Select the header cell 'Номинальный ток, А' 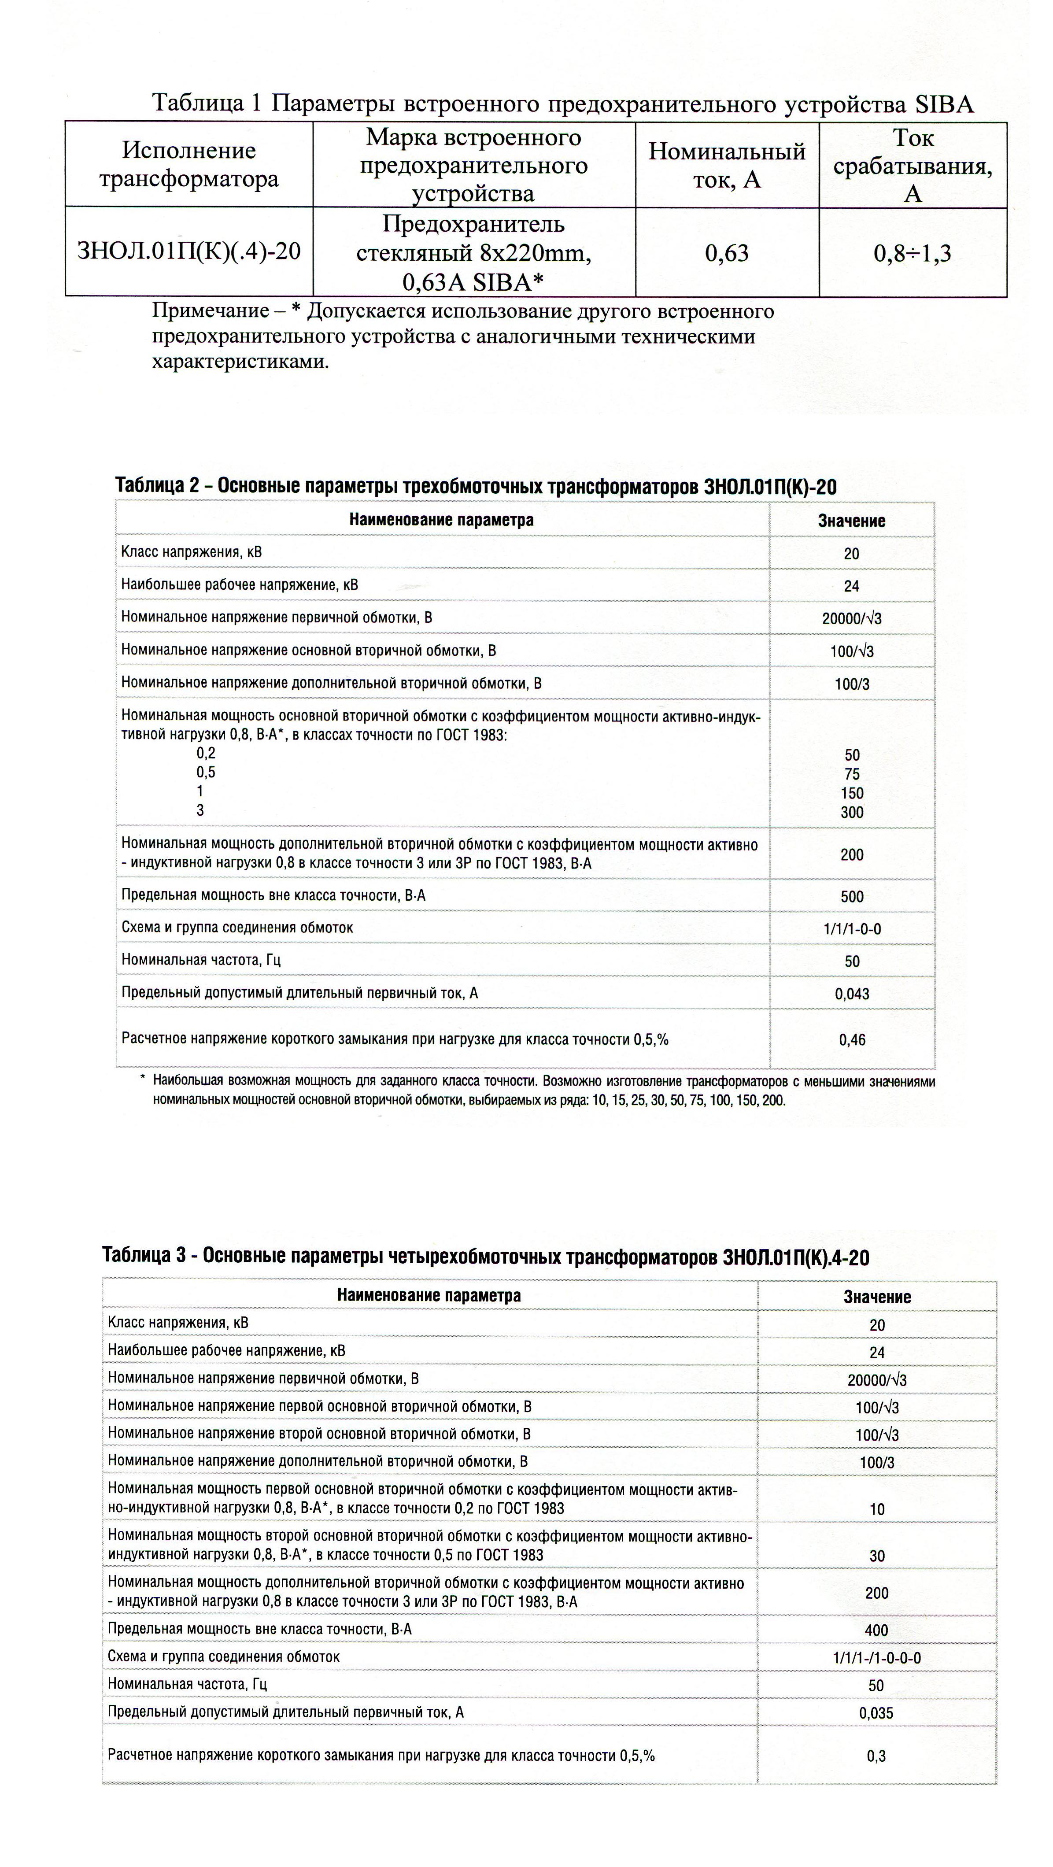pos(727,165)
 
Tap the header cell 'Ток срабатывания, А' pos(913,165)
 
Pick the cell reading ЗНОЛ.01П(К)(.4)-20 pos(188,251)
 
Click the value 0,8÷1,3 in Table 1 pos(913,253)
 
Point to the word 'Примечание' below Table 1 pos(210,312)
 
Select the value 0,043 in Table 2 pos(852,994)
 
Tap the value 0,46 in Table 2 pos(852,1040)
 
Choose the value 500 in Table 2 pos(852,897)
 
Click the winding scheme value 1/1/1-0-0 pos(852,929)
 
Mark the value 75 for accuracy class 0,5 pos(852,774)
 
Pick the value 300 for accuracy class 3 pos(852,813)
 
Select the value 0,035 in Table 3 pos(876,1713)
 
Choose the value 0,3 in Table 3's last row pos(876,1756)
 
